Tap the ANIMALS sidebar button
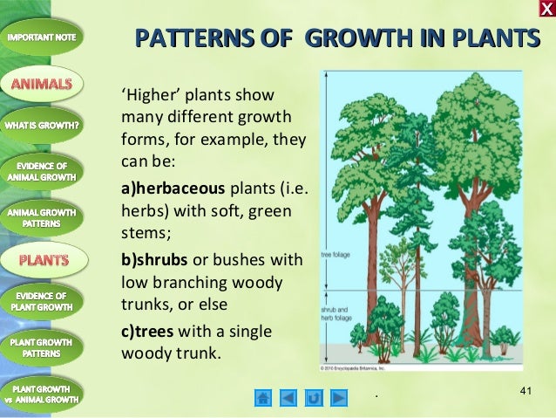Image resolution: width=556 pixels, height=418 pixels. point(43,84)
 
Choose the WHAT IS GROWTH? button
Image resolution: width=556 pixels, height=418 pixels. point(43,125)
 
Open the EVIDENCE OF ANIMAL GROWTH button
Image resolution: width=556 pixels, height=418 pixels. point(43,170)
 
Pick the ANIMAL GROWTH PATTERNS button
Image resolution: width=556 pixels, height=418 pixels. point(43,216)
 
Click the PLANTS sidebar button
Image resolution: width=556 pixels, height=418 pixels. point(43,259)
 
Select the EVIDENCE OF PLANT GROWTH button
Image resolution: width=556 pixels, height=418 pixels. point(43,301)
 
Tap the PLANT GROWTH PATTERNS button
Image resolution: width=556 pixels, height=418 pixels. point(43,347)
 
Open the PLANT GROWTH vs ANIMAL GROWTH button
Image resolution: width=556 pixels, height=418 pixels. point(43,393)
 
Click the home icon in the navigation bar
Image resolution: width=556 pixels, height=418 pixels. point(263,398)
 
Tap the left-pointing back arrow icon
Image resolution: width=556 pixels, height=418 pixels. point(288,398)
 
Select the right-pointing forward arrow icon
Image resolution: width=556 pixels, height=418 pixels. point(338,398)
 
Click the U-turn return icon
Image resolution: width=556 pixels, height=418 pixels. point(314,398)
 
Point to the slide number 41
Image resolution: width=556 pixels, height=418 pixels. point(525,390)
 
